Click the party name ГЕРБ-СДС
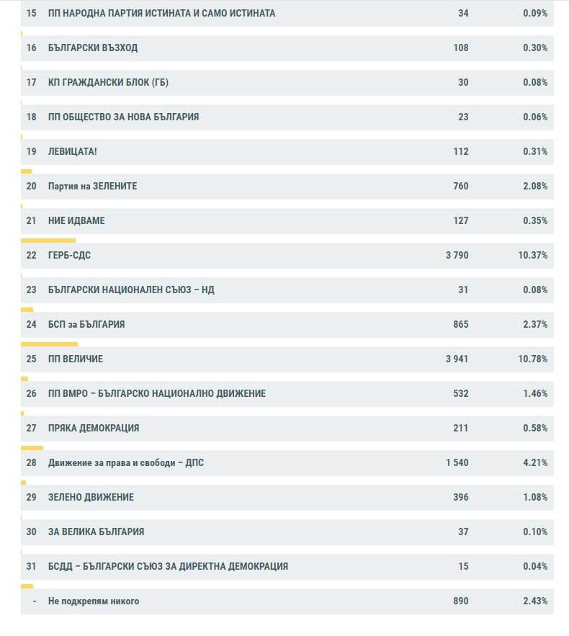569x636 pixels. pyautogui.click(x=69, y=255)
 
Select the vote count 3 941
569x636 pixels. pyautogui.click(x=457, y=359)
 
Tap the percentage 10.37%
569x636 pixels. pyautogui.click(x=533, y=255)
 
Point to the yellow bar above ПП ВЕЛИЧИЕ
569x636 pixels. pyautogui.click(x=49, y=344)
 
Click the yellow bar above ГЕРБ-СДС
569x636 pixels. pyautogui.click(x=48, y=241)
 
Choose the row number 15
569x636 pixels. pyautogui.click(x=31, y=13)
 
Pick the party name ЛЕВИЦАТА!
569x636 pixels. pyautogui.click(x=73, y=151)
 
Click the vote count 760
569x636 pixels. pyautogui.click(x=461, y=186)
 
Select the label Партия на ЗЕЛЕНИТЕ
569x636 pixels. pyautogui.click(x=92, y=186)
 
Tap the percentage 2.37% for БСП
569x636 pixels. pyautogui.click(x=535, y=325)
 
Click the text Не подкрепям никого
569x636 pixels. pyautogui.click(x=94, y=601)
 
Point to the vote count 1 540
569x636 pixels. pyautogui.click(x=457, y=463)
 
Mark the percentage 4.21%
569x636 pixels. pyautogui.click(x=535, y=463)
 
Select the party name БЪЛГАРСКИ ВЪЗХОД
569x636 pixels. pyautogui.click(x=93, y=48)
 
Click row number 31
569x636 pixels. pyautogui.click(x=31, y=566)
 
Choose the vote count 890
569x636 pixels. pyautogui.click(x=461, y=601)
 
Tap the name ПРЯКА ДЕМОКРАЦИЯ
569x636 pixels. pyautogui.click(x=94, y=428)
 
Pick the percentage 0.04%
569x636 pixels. pyautogui.click(x=535, y=566)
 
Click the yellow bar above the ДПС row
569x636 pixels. pyautogui.click(x=32, y=448)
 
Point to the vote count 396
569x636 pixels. pyautogui.click(x=461, y=497)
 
